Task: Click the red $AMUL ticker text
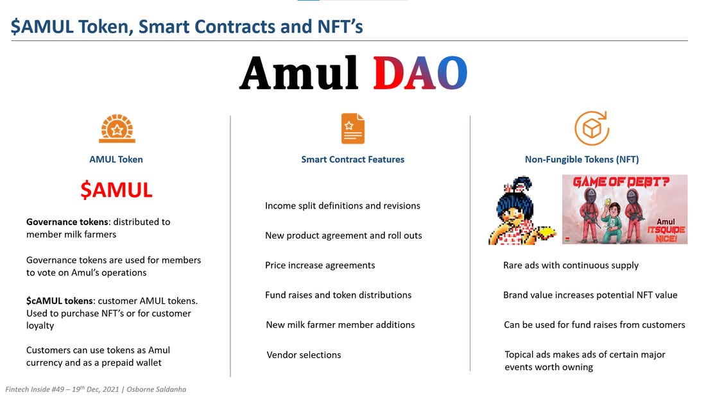[x=116, y=190]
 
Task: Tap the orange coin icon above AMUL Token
[x=116, y=128]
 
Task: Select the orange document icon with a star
[x=352, y=128]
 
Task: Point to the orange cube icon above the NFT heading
[x=590, y=128]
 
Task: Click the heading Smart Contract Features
[x=353, y=159]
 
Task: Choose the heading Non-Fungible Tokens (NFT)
[x=581, y=159]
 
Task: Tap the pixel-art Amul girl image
[x=521, y=210]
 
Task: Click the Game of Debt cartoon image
[x=624, y=209]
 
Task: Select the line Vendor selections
[x=304, y=355]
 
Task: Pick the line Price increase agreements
[x=320, y=265]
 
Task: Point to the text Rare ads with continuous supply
[x=571, y=265]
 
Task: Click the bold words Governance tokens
[x=67, y=222]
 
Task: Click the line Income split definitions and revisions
[x=342, y=206]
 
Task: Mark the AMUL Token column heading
[x=116, y=159]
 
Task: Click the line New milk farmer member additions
[x=340, y=325]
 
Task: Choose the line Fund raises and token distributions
[x=338, y=295]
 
